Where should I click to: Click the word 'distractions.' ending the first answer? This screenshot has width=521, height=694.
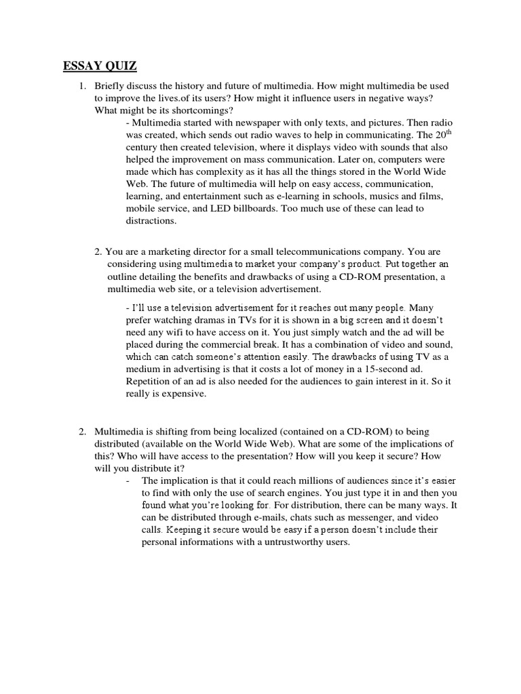tap(151, 220)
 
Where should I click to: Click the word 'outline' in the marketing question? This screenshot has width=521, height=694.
tap(122, 277)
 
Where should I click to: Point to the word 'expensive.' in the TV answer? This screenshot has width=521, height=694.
tap(182, 394)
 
